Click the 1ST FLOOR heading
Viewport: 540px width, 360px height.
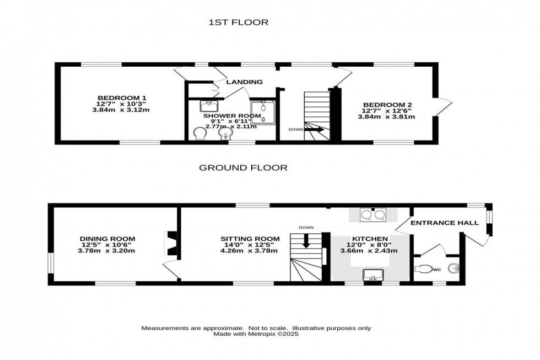238,23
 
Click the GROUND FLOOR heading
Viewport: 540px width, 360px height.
243,168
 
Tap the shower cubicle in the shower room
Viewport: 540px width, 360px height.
262,112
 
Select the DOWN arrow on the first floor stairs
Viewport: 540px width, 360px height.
314,130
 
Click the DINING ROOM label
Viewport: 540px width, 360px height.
107,239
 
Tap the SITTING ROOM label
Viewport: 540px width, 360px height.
250,239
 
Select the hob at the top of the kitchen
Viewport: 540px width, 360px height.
372,215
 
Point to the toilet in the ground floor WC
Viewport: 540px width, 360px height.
424,269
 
